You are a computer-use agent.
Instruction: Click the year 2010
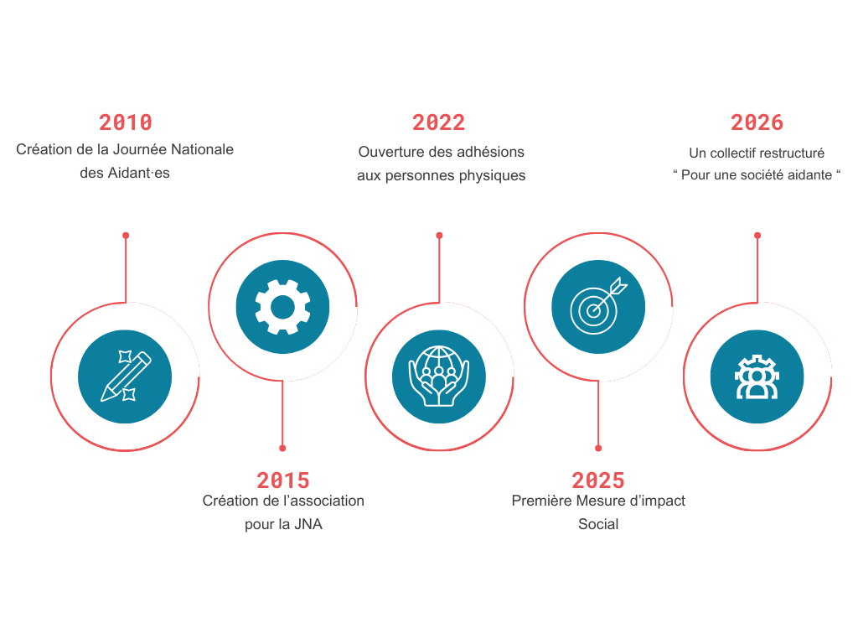click(x=126, y=122)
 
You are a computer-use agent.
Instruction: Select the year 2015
click(x=283, y=480)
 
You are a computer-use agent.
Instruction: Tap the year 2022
click(x=438, y=122)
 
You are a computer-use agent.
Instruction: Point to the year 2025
click(x=598, y=480)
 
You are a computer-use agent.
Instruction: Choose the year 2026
click(x=757, y=122)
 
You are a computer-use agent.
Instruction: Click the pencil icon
click(x=126, y=377)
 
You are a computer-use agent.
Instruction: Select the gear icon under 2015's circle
click(x=282, y=307)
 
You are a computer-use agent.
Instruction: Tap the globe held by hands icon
click(x=439, y=377)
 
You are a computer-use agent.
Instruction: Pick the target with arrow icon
click(x=598, y=306)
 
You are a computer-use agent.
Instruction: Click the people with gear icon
click(x=757, y=377)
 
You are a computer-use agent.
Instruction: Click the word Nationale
click(x=202, y=149)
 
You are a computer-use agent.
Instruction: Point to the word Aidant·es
click(x=138, y=173)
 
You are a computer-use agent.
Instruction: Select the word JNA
click(x=308, y=524)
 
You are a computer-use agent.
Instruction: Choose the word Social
click(x=598, y=524)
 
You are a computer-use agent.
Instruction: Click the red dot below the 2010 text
click(x=126, y=236)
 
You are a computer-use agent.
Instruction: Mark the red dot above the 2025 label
click(x=598, y=448)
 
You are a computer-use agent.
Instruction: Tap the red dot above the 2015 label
click(x=282, y=448)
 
